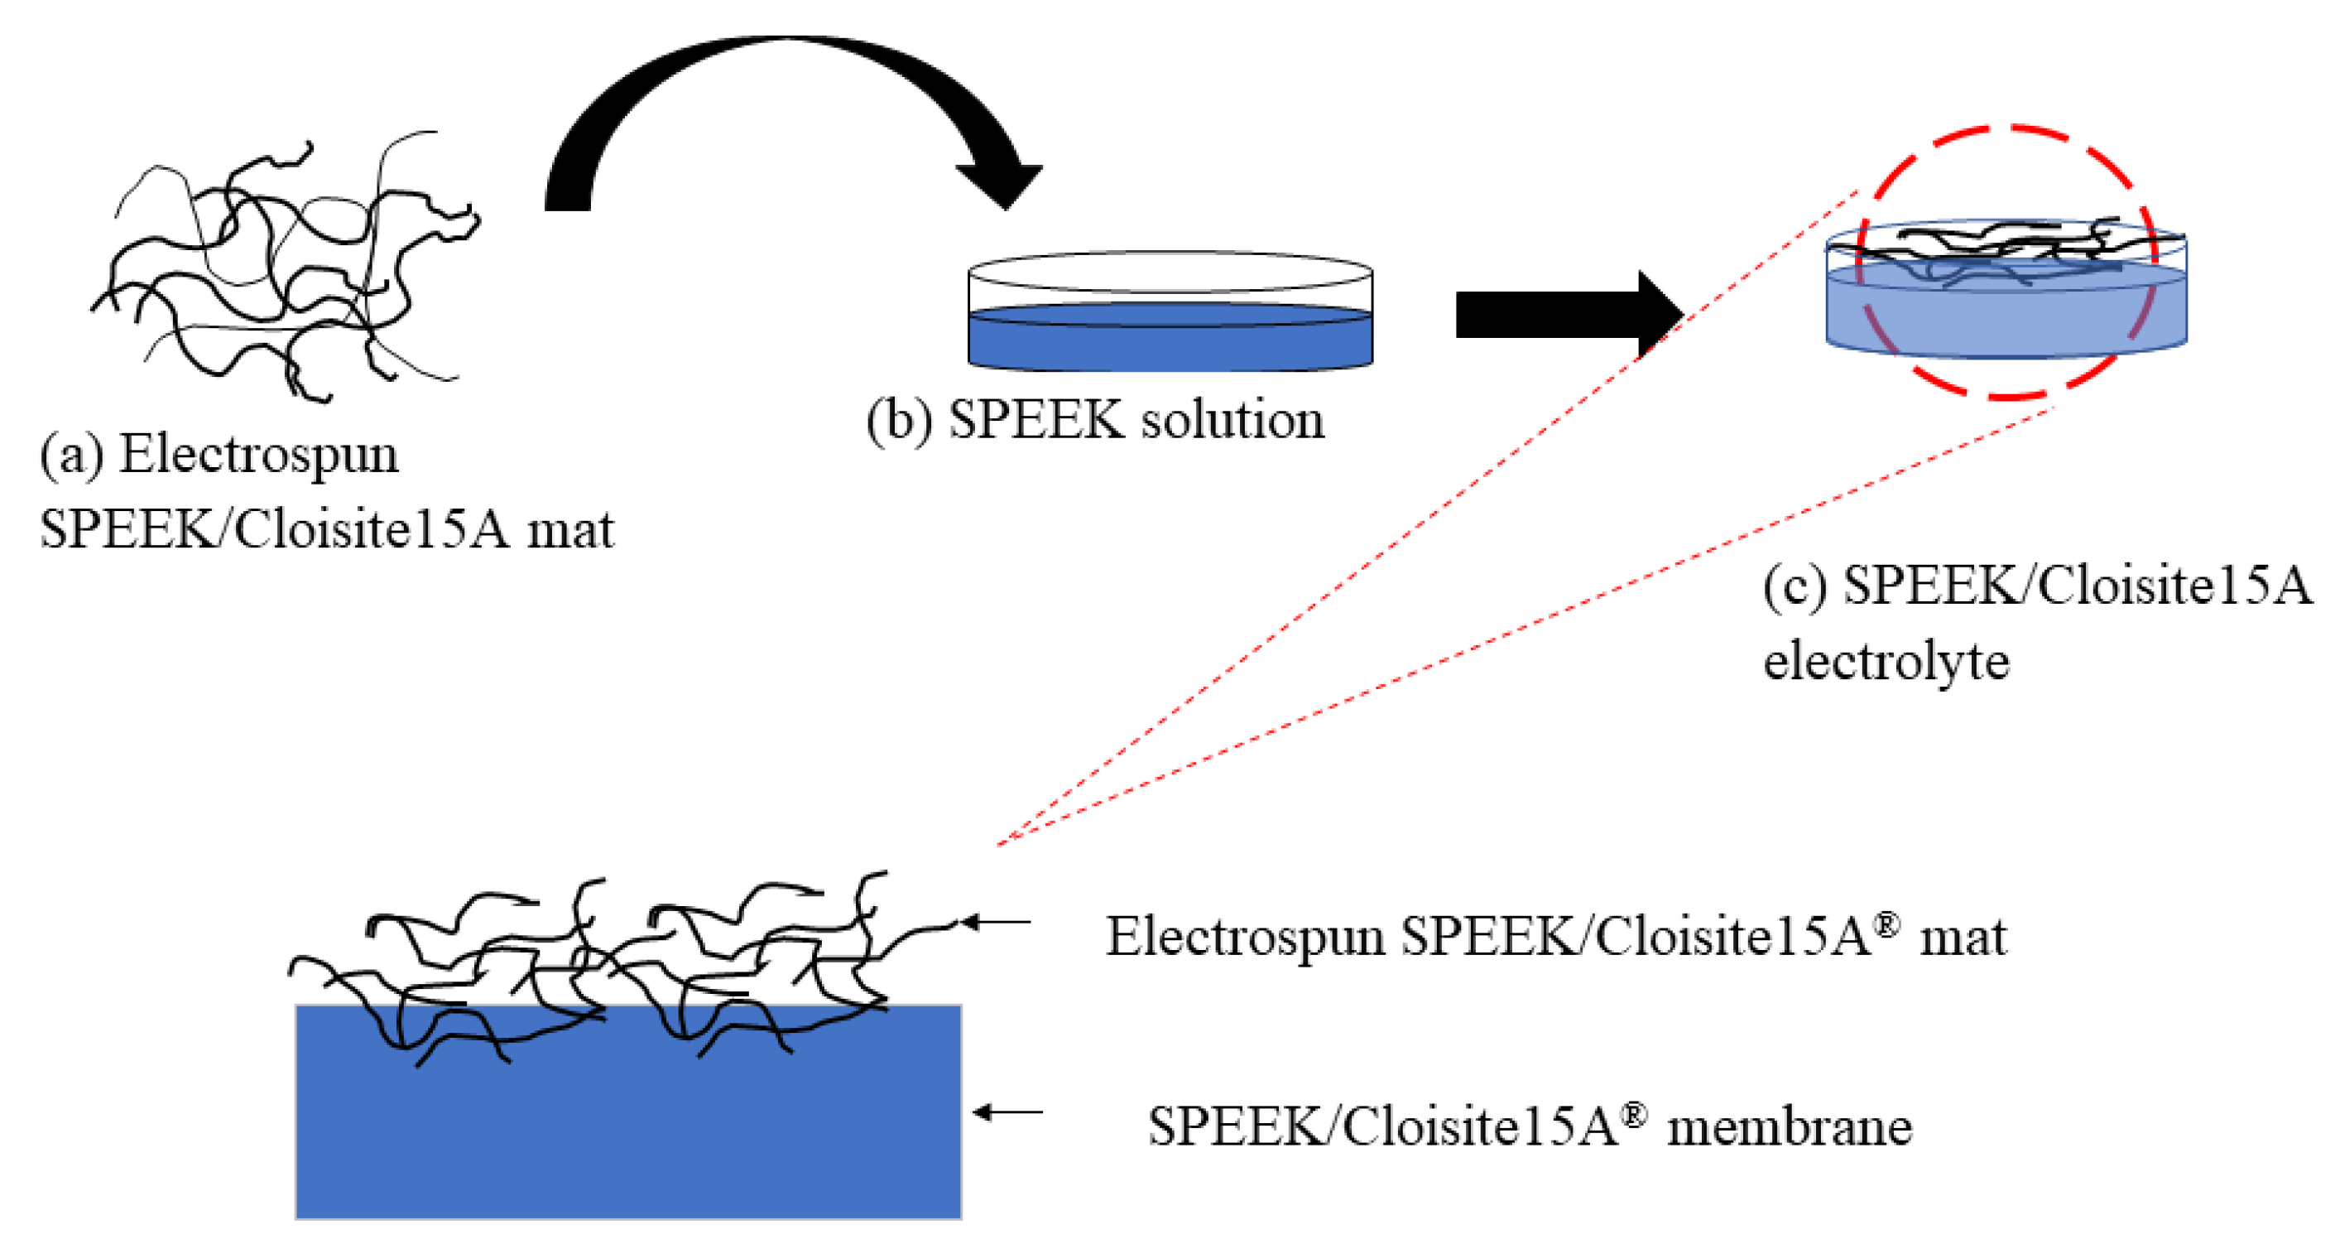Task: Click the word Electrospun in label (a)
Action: tap(258, 453)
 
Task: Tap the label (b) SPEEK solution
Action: tap(1095, 420)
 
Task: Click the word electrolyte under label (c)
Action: tap(1886, 660)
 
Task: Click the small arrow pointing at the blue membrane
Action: tap(1007, 1112)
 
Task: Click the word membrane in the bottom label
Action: tap(1790, 1127)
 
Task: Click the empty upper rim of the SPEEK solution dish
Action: tap(1170, 272)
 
